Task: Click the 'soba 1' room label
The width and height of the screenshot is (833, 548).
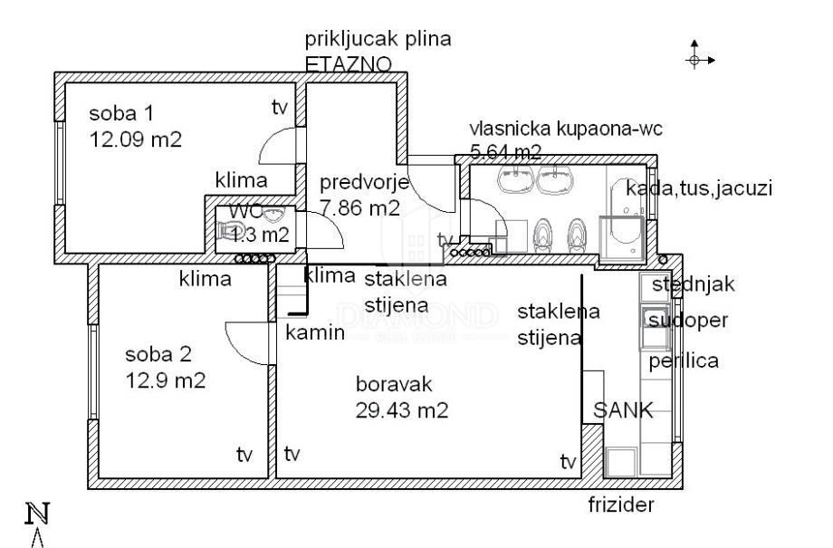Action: (121, 114)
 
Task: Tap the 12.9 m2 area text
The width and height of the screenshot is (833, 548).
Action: (166, 380)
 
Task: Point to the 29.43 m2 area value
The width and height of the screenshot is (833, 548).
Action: (402, 409)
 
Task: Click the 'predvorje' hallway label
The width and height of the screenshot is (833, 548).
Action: (365, 182)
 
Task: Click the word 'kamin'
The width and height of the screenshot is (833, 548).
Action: (314, 332)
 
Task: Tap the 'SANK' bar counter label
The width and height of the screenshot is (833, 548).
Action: (622, 410)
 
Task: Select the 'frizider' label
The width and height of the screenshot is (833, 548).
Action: (620, 505)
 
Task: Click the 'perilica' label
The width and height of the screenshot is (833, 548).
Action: (684, 361)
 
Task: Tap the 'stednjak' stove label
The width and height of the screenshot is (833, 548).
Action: (694, 284)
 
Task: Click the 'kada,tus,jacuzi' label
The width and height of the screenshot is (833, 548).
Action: (700, 189)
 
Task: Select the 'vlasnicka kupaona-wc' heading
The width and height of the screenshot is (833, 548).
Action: (566, 129)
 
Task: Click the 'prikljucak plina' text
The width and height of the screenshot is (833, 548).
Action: (378, 39)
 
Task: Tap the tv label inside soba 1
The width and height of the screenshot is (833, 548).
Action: (279, 108)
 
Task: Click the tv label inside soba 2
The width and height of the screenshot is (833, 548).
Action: (244, 453)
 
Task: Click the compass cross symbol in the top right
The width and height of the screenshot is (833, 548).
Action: (696, 59)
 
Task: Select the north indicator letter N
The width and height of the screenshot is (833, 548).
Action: (37, 514)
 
